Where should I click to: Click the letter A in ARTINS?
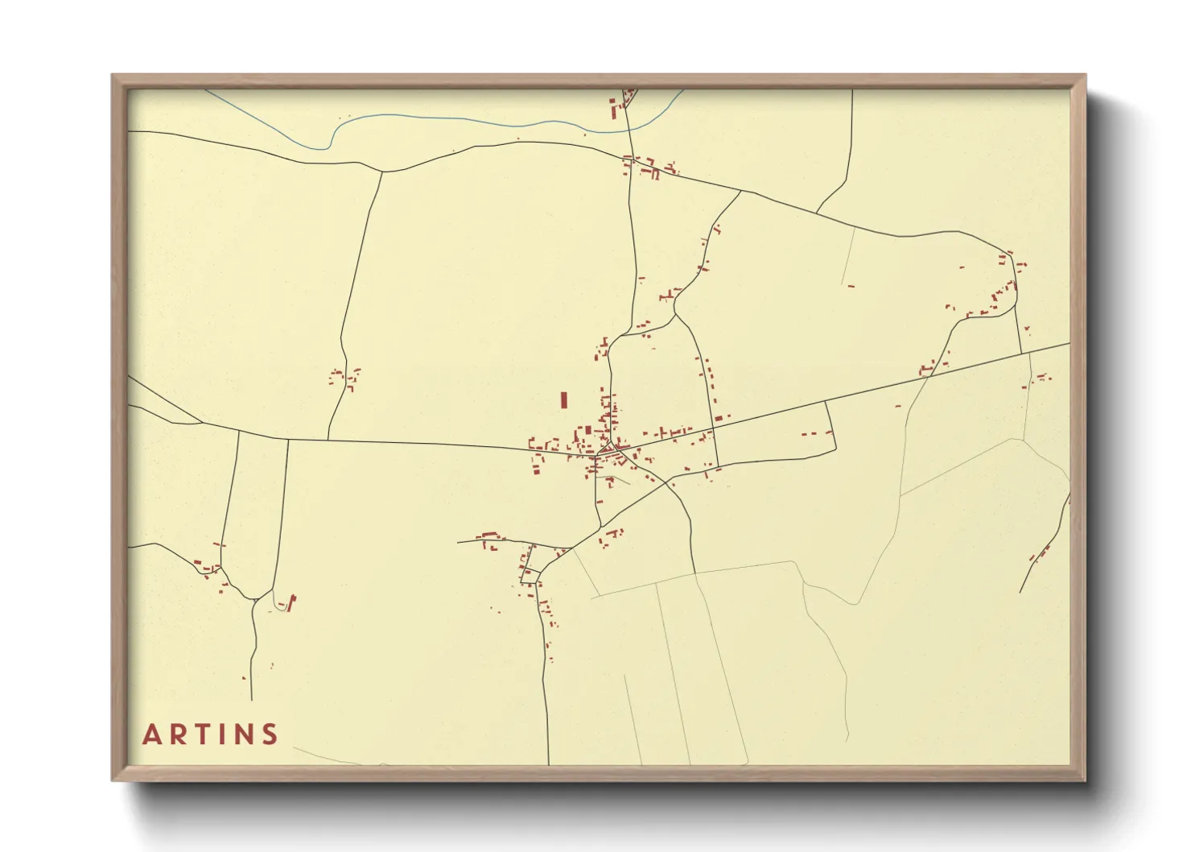[x=150, y=735]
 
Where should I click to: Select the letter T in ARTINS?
[x=202, y=735]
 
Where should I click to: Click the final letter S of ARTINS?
[x=270, y=735]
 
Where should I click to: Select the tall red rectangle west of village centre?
[x=564, y=400]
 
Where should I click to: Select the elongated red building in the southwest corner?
[x=291, y=602]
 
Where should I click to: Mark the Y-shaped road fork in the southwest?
[x=254, y=599]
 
